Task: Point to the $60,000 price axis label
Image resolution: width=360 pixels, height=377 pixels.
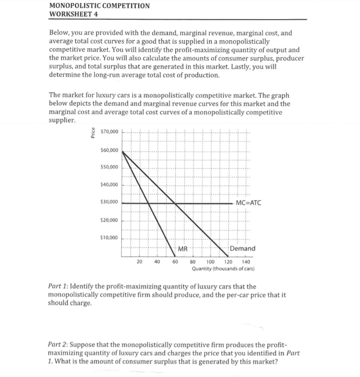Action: [x=109, y=150]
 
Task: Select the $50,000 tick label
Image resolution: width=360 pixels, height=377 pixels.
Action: [x=109, y=167]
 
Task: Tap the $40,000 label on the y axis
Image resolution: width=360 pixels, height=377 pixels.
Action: [x=109, y=185]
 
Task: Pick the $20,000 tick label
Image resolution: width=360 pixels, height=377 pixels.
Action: [x=109, y=220]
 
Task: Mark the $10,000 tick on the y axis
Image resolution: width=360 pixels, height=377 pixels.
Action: [x=109, y=238]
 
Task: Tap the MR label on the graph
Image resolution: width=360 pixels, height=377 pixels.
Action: [x=182, y=249]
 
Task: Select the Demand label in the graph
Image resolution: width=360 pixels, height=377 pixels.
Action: [x=243, y=249]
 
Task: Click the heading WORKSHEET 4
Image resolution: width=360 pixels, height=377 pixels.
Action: [x=73, y=14]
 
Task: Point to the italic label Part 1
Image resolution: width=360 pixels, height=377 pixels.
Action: [x=58, y=287]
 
